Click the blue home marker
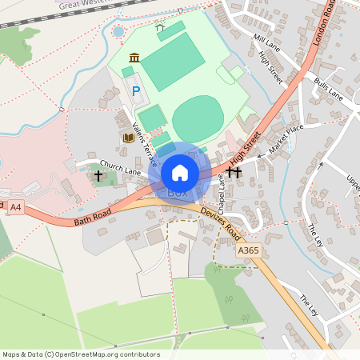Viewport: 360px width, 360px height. click(x=180, y=172)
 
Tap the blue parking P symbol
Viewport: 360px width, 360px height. click(x=135, y=92)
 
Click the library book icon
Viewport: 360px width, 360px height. click(x=126, y=138)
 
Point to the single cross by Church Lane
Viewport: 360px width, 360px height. click(x=98, y=174)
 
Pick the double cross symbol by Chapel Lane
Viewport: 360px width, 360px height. click(x=234, y=171)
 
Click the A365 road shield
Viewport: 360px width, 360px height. click(x=249, y=250)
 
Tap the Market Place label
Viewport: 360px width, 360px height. click(x=286, y=139)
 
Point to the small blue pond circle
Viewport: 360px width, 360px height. click(x=118, y=31)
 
